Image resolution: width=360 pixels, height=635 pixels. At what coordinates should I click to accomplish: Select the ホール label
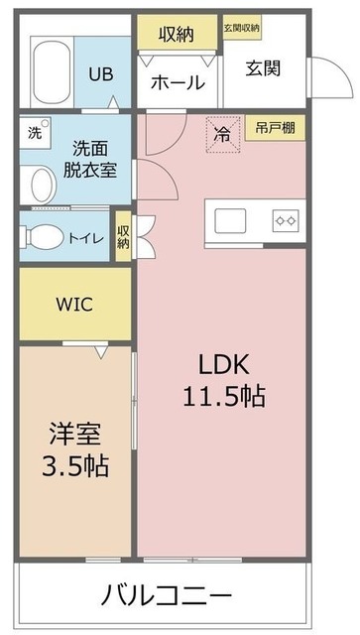click(178, 83)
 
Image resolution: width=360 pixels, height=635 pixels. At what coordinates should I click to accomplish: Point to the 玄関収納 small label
click(241, 28)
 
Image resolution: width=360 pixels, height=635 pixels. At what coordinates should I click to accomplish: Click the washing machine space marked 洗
click(35, 133)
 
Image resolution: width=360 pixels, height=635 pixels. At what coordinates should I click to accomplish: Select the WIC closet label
click(74, 305)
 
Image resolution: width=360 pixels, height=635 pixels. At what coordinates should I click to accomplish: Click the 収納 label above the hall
click(179, 35)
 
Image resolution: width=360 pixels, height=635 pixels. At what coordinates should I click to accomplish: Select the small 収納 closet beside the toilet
click(123, 236)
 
